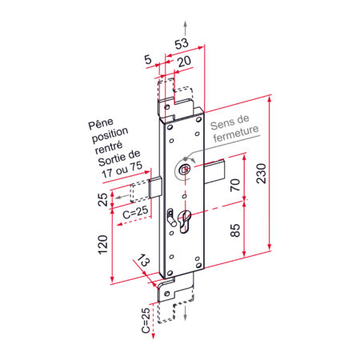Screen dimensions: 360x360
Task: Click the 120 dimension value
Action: pos(103,245)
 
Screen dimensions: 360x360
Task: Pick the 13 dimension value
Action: pos(144,262)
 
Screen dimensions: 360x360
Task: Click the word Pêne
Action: pos(102,126)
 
